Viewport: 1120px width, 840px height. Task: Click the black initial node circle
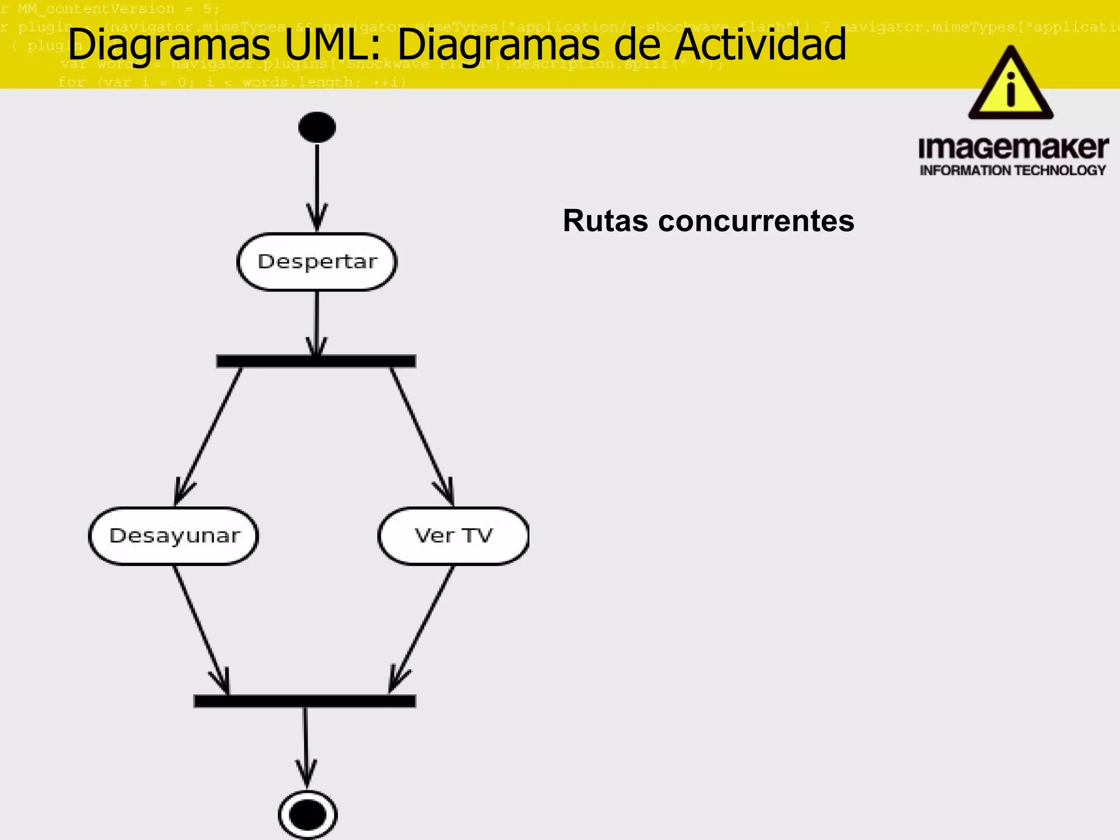click(317, 127)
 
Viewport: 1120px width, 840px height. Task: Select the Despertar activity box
click(317, 262)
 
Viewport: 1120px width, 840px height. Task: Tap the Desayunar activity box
click(174, 536)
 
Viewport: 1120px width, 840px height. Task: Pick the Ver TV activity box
click(453, 536)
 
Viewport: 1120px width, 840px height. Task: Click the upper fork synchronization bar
click(316, 361)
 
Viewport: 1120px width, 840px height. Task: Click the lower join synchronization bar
click(305, 701)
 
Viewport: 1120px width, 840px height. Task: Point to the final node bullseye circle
click(308, 815)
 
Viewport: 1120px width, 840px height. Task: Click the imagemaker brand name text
click(1013, 148)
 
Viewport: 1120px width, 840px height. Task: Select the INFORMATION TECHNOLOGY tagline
click(1013, 171)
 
